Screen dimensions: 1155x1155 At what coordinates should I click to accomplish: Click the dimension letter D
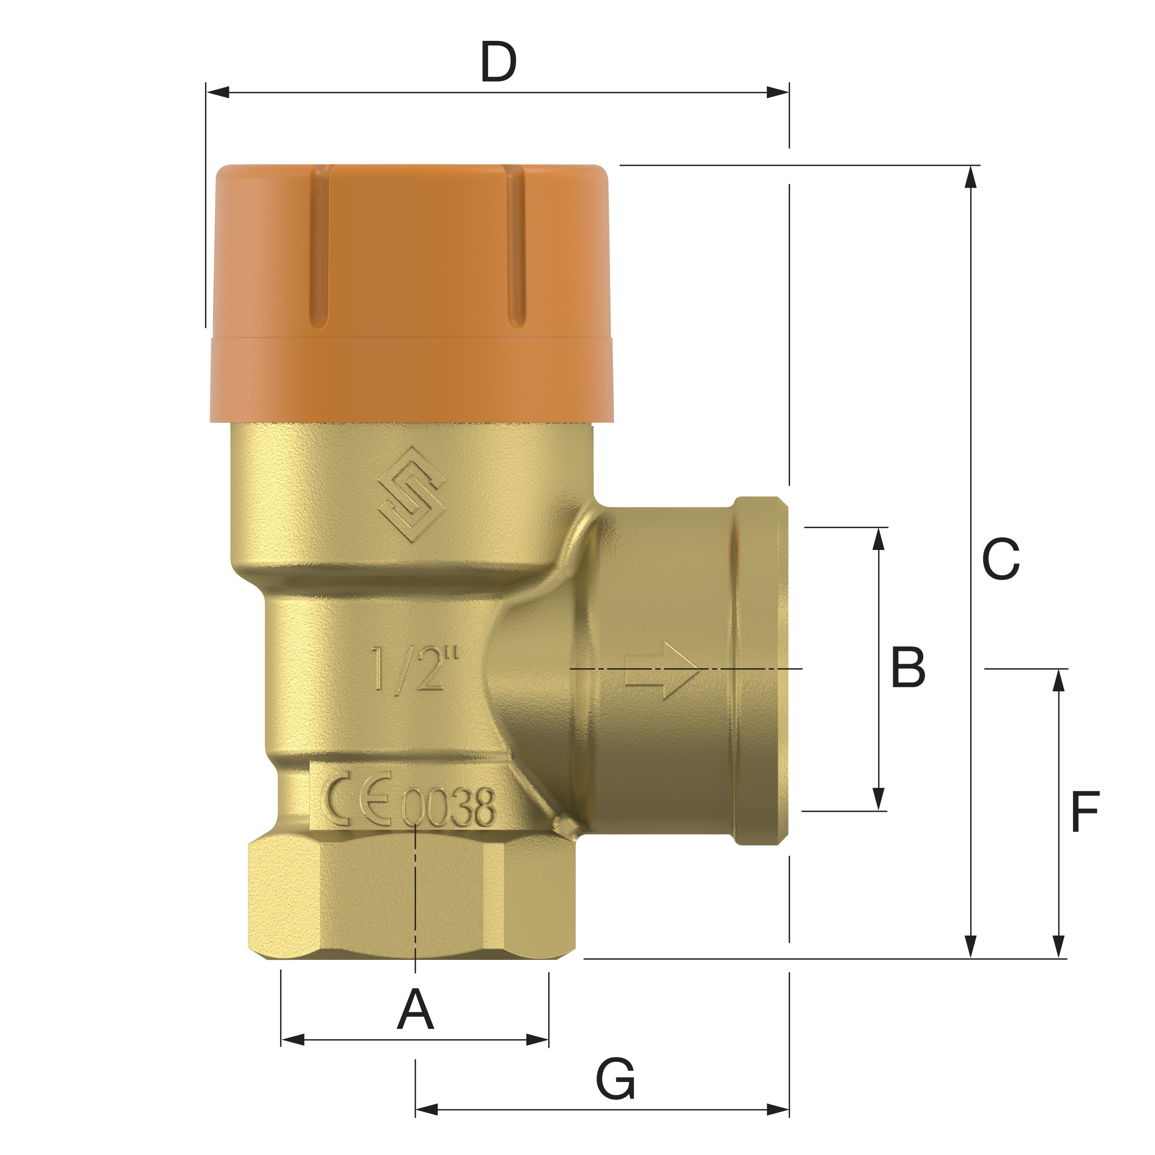click(x=498, y=62)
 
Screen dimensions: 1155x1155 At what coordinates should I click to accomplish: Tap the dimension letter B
click(x=907, y=667)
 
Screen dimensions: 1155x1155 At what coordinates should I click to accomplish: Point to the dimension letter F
click(x=1085, y=812)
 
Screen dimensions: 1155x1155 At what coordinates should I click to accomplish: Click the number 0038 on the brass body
click(x=448, y=808)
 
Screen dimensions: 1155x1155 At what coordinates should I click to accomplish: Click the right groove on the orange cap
click(x=516, y=246)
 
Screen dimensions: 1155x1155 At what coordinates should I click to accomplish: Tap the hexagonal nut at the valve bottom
click(x=411, y=897)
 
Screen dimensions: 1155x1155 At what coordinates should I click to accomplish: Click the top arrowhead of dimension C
click(x=971, y=177)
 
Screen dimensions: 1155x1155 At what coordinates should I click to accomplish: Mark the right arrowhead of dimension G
click(x=778, y=1110)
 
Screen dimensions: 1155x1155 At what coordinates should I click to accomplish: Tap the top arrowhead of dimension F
click(x=1059, y=680)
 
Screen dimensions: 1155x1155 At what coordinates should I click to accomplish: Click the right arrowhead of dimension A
click(x=537, y=1039)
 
